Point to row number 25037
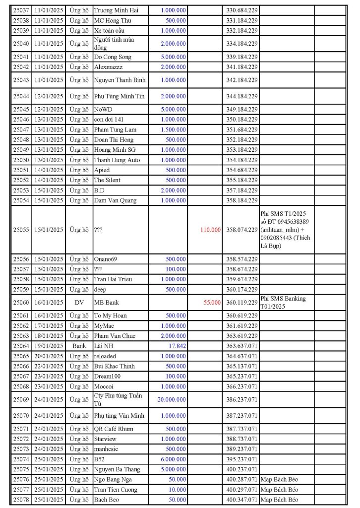coord(21,10)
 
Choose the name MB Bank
coord(106,302)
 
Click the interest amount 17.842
coord(177,346)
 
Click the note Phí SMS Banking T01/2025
coord(283,302)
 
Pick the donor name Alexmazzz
coord(108,66)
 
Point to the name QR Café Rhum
coord(114,429)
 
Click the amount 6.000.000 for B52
coord(174,459)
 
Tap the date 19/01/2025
coord(49,346)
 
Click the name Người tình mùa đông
coord(114,44)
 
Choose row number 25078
coord(21,500)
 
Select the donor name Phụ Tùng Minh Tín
coord(120,96)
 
